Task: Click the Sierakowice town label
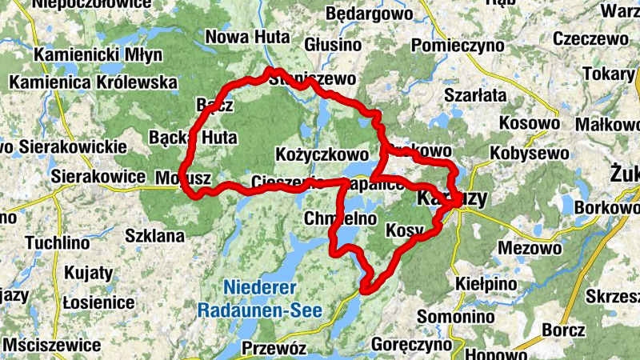click(90, 176)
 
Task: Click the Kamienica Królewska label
click(93, 82)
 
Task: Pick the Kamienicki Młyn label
click(99, 55)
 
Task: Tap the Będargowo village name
click(369, 15)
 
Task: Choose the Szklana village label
click(155, 236)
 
